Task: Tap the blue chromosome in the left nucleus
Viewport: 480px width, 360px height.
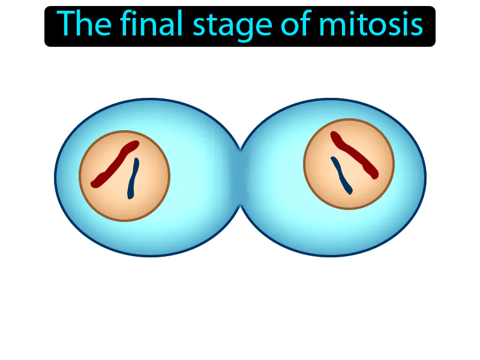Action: click(x=133, y=179)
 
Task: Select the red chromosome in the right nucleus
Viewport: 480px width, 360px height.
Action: click(x=355, y=155)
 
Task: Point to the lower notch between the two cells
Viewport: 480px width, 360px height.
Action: click(x=241, y=205)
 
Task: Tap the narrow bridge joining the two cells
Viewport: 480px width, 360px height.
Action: click(x=241, y=178)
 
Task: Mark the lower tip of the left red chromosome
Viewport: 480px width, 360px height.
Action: click(x=94, y=183)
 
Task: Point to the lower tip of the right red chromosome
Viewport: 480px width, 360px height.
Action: click(x=375, y=175)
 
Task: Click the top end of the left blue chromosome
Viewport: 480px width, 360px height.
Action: click(x=136, y=161)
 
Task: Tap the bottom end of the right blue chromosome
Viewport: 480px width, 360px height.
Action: click(x=349, y=192)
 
